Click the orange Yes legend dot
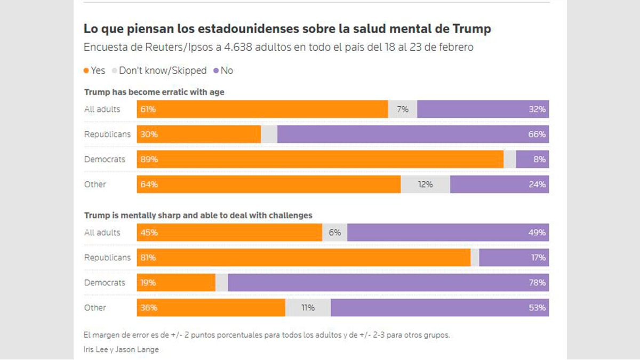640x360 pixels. point(86,70)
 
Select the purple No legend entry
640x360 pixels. point(223,70)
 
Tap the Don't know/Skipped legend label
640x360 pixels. point(163,70)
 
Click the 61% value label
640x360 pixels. point(148,109)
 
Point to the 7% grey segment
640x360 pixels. point(403,109)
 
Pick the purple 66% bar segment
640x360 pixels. point(413,134)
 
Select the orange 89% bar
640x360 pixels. point(320,159)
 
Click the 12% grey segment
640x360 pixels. point(425,185)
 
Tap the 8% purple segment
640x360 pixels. point(532,159)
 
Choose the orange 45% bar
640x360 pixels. point(229,233)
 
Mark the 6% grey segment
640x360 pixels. point(334,233)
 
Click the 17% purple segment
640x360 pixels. point(514,258)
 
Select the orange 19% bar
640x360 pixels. point(176,283)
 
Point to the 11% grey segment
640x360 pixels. point(308,308)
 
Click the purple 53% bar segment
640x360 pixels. point(439,308)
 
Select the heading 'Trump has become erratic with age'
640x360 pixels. point(154,92)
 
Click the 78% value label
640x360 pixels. point(537,283)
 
